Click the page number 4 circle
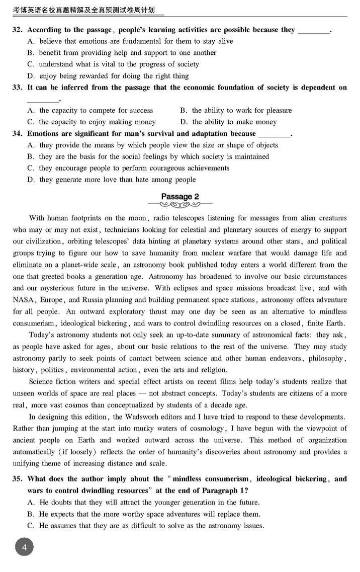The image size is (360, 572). click(24, 547)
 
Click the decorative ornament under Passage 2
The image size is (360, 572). click(179, 205)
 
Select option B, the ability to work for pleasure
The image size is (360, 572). click(235, 110)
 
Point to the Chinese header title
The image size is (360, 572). click(83, 9)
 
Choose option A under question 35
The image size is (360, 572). click(143, 502)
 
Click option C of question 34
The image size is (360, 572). click(129, 168)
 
